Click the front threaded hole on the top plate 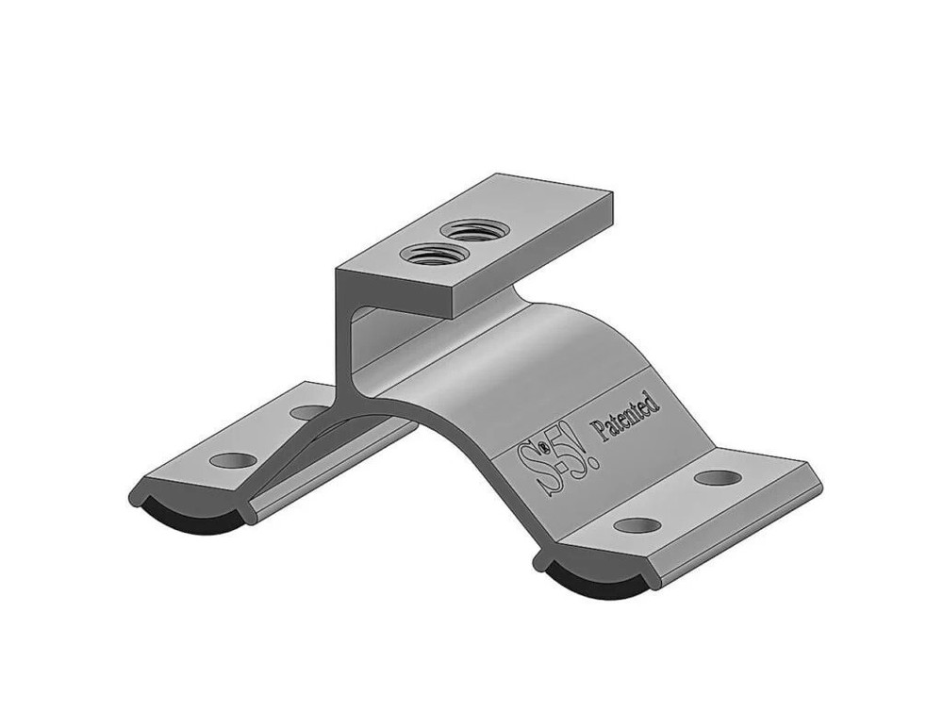(430, 254)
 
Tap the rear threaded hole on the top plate (473, 229)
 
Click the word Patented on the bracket (624, 416)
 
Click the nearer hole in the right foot (637, 524)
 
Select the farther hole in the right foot (718, 477)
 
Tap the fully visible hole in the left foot (233, 460)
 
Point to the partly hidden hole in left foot (307, 412)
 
